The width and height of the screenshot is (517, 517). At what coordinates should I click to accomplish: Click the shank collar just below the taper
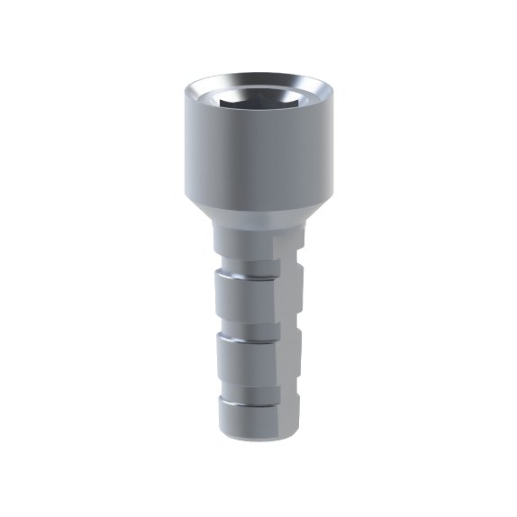coord(243,241)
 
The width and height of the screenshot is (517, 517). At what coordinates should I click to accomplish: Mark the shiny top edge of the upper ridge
coord(243,279)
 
